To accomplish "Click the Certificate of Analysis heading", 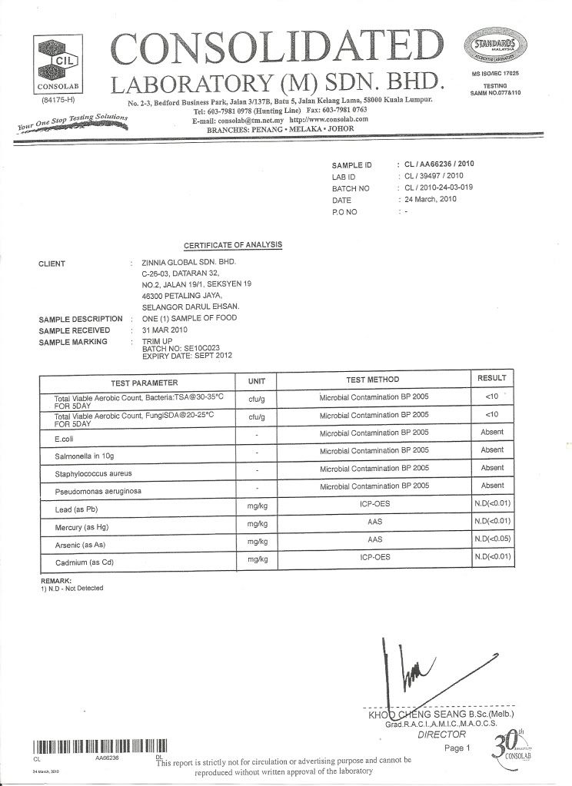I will pos(233,245).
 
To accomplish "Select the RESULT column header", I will pos(491,378).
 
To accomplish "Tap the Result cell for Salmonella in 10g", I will pos(491,449).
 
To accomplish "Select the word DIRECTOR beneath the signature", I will pos(441,734).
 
